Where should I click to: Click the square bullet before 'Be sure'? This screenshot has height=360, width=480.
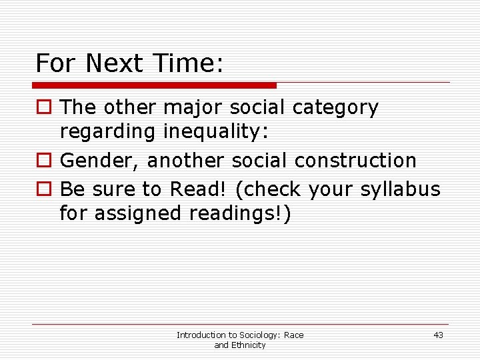click(43, 190)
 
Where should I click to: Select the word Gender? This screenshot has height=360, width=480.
click(100, 161)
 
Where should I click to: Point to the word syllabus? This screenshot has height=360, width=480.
click(400, 190)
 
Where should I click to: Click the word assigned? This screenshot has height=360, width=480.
click(137, 215)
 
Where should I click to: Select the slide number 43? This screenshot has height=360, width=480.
click(438, 335)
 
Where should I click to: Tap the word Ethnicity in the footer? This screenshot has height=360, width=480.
click(247, 345)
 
